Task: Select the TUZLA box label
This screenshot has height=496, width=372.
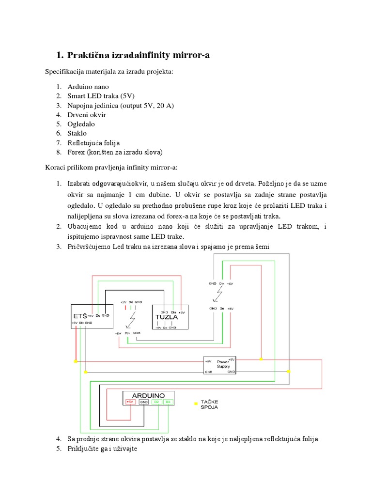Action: [163, 318]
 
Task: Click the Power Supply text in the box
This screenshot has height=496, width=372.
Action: [223, 364]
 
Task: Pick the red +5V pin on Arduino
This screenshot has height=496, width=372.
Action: [130, 402]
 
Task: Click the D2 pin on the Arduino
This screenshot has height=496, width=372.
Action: [157, 402]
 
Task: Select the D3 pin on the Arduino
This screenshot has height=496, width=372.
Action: [168, 402]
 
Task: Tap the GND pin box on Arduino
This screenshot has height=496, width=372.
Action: [144, 402]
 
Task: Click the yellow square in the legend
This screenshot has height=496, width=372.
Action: [196, 403]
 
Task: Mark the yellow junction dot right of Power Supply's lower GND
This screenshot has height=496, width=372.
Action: [289, 372]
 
